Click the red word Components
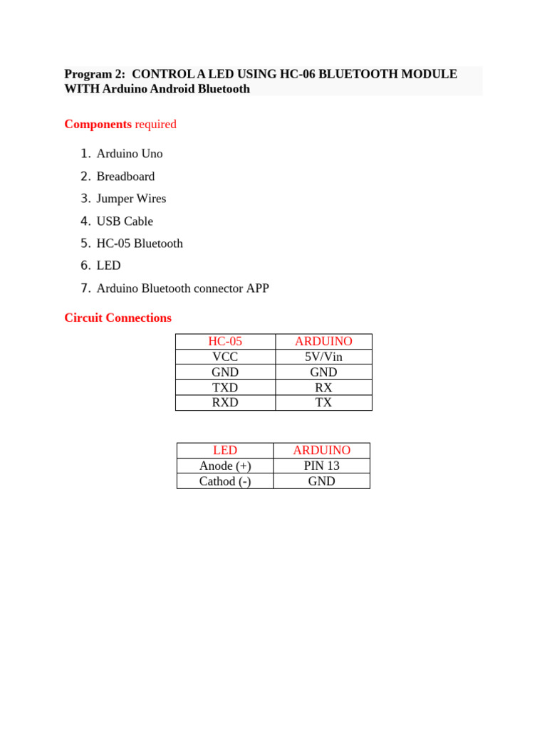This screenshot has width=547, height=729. tap(98, 124)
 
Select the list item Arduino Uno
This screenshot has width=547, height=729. tap(130, 154)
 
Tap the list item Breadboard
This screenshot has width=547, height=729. tap(125, 177)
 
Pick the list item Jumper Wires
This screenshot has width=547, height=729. tap(131, 199)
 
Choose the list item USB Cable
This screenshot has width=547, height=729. tap(125, 221)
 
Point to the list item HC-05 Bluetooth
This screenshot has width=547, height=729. tap(140, 243)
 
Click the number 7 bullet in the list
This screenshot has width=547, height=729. tap(85, 288)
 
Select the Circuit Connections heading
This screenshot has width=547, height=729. tap(118, 318)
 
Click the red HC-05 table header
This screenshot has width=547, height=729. tap(225, 342)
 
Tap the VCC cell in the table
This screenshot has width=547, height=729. tap(225, 357)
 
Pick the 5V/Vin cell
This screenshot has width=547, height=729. tap(323, 357)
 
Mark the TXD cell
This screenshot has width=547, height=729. tap(225, 387)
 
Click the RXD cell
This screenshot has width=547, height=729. tap(225, 402)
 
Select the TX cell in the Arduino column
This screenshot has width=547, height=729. tap(323, 402)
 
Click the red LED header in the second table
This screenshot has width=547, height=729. tap(225, 451)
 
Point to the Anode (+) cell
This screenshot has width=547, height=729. tap(225, 466)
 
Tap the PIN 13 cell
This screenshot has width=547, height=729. tap(321, 466)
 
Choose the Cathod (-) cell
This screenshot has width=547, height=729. tap(225, 481)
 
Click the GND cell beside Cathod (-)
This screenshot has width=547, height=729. tap(321, 481)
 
